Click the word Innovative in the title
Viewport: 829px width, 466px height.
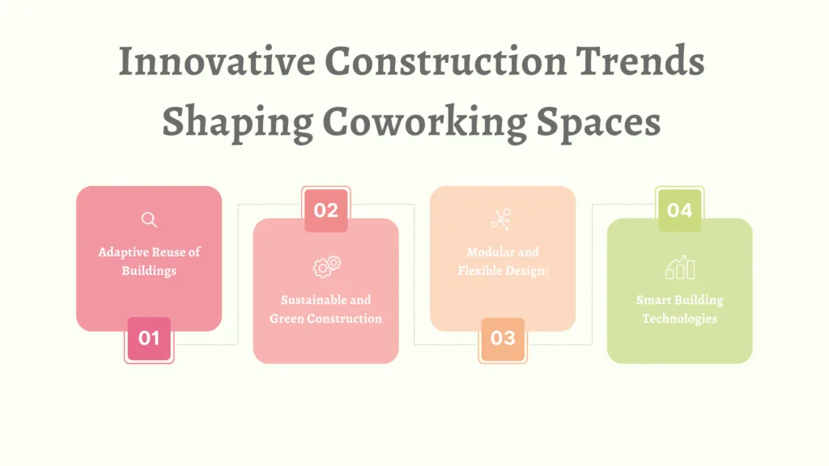[x=217, y=61]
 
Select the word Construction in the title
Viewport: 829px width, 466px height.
[x=446, y=61]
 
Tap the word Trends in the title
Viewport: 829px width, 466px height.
[x=640, y=61]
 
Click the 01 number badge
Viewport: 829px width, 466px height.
[x=149, y=339]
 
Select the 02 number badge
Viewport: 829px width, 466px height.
[x=325, y=210]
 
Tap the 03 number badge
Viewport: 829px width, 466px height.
[x=503, y=339]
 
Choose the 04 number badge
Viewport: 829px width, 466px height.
[x=679, y=210]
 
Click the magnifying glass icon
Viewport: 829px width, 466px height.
[x=149, y=219]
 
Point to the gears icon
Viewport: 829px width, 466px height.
[x=326, y=266]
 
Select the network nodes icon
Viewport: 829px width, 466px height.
[x=500, y=219]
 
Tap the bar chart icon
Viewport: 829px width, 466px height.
[x=680, y=267]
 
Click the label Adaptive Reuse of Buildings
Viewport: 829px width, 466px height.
[x=149, y=261]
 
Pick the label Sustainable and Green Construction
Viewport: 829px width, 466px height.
[x=325, y=309]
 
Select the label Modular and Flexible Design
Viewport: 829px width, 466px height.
[x=503, y=261]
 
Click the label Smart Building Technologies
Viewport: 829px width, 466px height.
[x=679, y=309]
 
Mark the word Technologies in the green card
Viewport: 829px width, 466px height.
[x=679, y=319]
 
